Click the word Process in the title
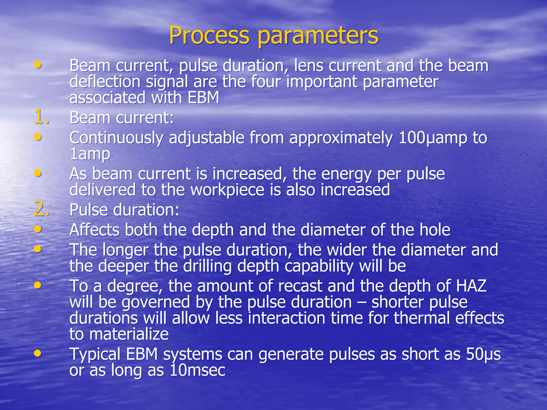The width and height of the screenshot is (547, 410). [x=209, y=36]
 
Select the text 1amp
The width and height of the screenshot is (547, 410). [x=90, y=154]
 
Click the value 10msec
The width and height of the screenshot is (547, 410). [x=198, y=370]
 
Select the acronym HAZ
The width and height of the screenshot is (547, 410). [x=471, y=286]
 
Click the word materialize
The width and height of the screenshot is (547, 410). [x=129, y=334]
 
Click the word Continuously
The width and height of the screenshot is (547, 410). [x=116, y=138]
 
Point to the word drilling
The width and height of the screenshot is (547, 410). [x=207, y=266]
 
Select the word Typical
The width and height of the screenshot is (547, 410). [x=95, y=354]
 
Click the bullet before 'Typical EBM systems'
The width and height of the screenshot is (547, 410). [x=38, y=353]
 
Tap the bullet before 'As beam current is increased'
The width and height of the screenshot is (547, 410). [x=38, y=173]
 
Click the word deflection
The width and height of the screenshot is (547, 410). [x=105, y=82]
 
